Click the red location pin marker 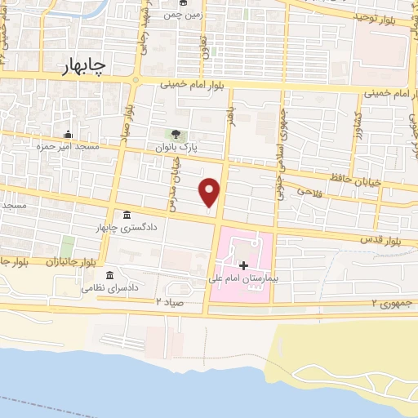210,191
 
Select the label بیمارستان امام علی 243,279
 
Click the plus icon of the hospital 243,265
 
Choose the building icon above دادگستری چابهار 127,216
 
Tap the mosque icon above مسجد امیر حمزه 67,134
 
